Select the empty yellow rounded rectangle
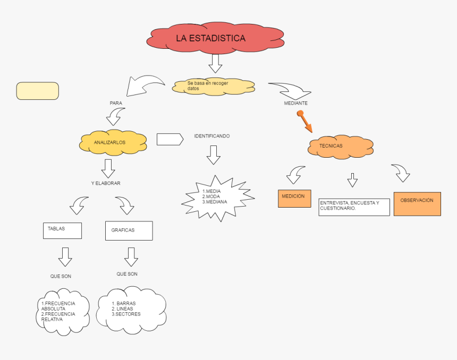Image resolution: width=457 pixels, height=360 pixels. (x=38, y=91)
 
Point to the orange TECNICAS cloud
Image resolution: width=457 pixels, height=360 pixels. (x=340, y=146)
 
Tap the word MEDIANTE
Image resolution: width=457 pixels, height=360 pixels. (x=295, y=103)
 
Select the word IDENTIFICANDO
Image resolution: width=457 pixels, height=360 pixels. (x=211, y=136)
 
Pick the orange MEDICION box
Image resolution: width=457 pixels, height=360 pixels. (x=294, y=198)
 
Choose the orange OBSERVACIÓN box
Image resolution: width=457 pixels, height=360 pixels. (x=417, y=203)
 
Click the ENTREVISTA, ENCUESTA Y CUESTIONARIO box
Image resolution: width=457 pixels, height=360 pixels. (x=354, y=207)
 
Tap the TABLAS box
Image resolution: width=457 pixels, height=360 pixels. (x=62, y=230)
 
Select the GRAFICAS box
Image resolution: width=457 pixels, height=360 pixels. (x=129, y=230)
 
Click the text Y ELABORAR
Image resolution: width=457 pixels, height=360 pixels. (x=106, y=183)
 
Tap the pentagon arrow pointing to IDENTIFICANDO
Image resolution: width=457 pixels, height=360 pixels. (x=170, y=139)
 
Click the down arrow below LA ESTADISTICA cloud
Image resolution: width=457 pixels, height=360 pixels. (x=215, y=63)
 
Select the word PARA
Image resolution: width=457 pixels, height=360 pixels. (x=116, y=102)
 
